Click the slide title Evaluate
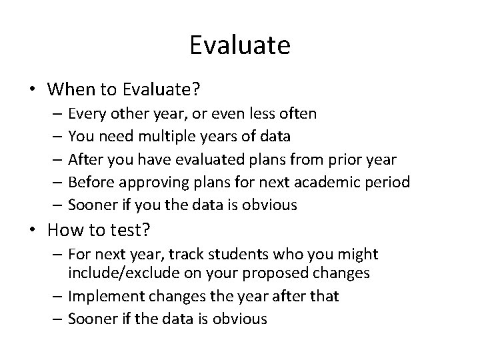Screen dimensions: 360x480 click(x=239, y=46)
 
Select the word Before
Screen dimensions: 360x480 click(x=89, y=182)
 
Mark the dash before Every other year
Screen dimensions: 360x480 click(x=59, y=114)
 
